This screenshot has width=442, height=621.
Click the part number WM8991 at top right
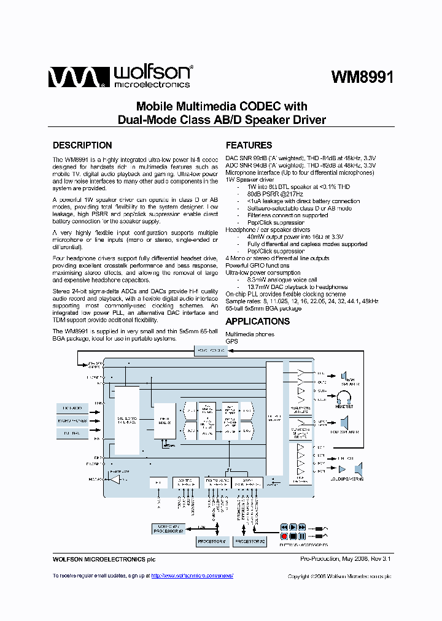point(362,77)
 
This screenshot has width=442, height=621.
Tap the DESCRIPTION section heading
point(82,145)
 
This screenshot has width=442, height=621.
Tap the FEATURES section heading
point(249,145)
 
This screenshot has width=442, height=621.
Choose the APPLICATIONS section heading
point(257,322)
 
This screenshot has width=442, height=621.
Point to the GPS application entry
point(231,341)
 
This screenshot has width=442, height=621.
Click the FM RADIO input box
point(72,407)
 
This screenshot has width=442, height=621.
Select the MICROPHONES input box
point(72,421)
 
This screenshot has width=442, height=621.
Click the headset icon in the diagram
point(344,401)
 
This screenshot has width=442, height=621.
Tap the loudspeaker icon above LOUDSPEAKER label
point(344,422)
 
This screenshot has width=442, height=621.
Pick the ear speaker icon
point(345,376)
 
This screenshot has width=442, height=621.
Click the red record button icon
point(284,536)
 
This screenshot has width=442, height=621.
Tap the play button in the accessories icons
point(293,527)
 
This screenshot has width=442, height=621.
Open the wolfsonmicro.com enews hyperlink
point(192,576)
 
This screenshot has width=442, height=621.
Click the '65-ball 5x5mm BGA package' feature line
point(263,308)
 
